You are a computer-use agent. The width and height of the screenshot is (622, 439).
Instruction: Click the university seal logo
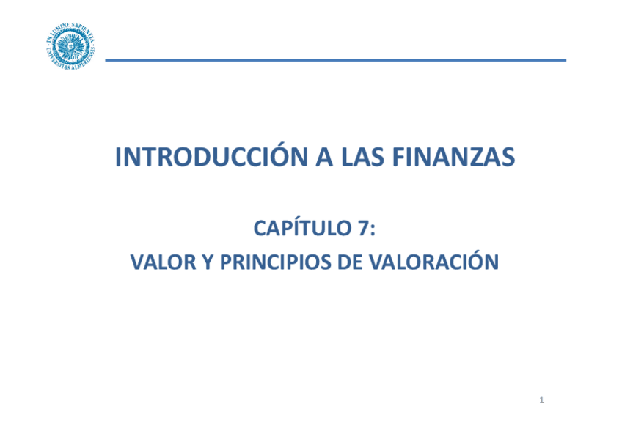(71, 46)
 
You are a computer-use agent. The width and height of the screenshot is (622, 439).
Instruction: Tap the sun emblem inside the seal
(71, 46)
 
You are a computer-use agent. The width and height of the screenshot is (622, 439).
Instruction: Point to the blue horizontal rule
(335, 60)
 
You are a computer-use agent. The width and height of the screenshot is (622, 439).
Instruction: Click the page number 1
(541, 400)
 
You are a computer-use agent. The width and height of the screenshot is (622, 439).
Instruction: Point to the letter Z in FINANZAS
(478, 157)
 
